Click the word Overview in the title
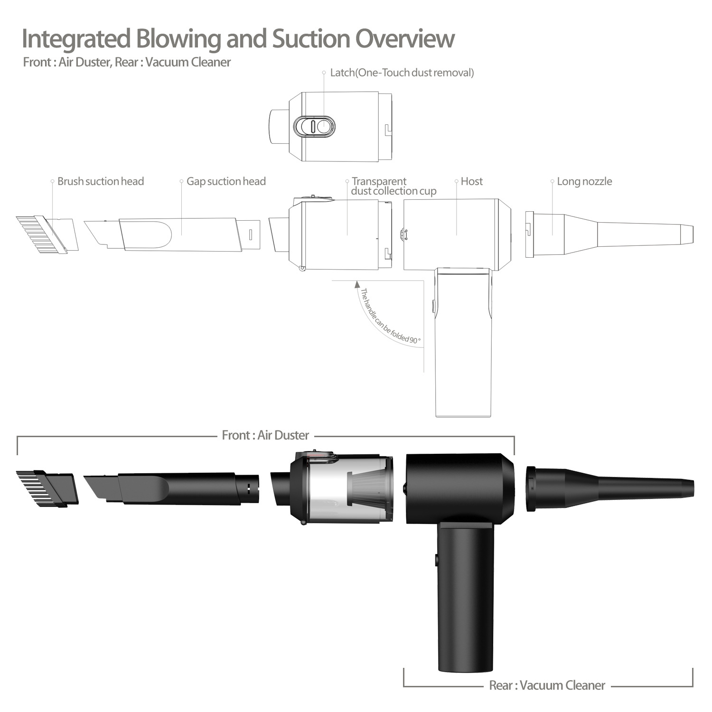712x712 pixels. [x=405, y=39]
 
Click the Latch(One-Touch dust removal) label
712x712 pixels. [x=402, y=73]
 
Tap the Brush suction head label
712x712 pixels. [x=100, y=181]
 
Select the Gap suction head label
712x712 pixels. [x=226, y=181]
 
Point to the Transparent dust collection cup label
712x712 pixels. [x=393, y=186]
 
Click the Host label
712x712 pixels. [x=471, y=181]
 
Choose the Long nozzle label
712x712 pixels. [x=584, y=181]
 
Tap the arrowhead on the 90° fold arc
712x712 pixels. [x=357, y=284]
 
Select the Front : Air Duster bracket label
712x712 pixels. [x=265, y=435]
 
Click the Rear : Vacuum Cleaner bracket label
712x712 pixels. [x=547, y=685]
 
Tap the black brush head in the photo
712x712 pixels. [x=47, y=488]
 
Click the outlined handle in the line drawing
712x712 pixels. [x=463, y=347]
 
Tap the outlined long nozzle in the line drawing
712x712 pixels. [x=612, y=234]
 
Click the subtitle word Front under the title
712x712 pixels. [x=37, y=62]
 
